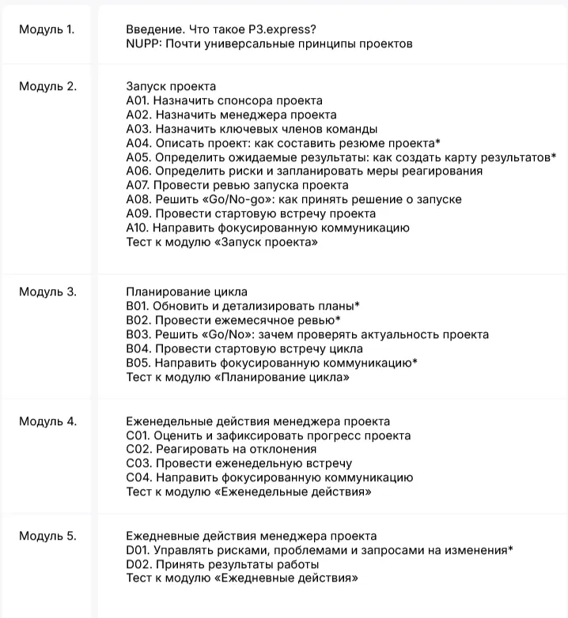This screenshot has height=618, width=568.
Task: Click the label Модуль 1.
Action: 47,30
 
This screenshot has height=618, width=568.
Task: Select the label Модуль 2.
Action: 47,86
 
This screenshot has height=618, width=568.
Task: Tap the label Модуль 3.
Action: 47,292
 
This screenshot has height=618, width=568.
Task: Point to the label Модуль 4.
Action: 47,421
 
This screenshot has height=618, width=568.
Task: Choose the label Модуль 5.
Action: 47,537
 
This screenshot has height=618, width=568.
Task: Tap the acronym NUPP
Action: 142,44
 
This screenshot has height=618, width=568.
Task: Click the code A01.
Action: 138,100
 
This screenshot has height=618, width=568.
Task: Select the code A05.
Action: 138,157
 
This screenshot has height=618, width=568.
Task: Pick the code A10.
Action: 138,228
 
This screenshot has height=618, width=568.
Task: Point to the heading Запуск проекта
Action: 171,86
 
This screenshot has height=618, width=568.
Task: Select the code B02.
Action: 138,320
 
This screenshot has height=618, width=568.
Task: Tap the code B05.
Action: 138,363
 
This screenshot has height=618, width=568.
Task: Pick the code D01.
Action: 138,550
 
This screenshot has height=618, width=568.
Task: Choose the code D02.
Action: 138,564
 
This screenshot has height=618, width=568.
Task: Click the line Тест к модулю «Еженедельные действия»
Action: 249,492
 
